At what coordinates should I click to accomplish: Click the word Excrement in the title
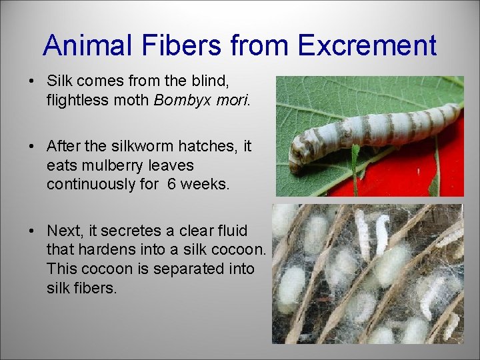coord(367,46)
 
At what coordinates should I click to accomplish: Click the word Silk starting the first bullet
coord(59,82)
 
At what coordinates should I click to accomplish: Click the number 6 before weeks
coord(172,183)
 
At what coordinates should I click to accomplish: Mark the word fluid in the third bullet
coord(231,231)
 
